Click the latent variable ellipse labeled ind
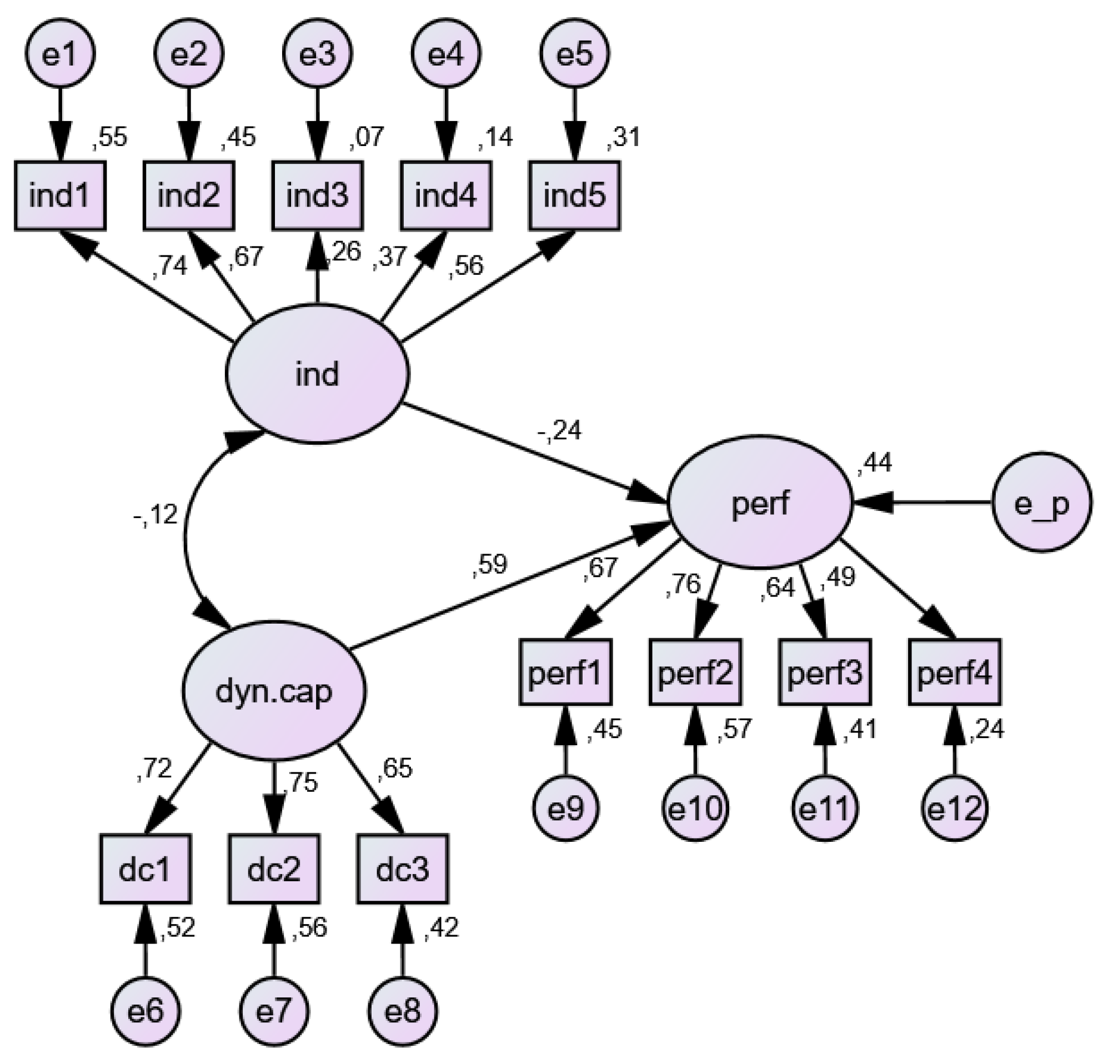point(317,374)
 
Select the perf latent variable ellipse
point(760,503)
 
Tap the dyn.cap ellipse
point(274,691)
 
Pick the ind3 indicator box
point(317,196)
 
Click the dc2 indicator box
point(274,870)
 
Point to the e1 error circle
point(59,54)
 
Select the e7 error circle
point(274,1011)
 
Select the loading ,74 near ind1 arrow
point(169,265)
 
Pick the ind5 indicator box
point(574,196)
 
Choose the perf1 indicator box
point(564,672)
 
